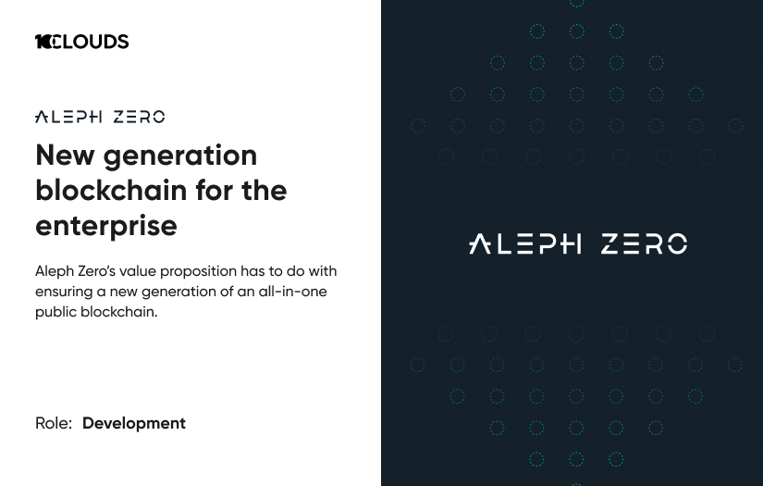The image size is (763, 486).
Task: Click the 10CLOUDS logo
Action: [81, 42]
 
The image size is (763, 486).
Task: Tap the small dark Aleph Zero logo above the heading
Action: [100, 118]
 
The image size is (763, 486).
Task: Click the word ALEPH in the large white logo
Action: [524, 244]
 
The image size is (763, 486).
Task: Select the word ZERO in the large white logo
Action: [644, 244]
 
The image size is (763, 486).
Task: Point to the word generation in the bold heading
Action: [180, 155]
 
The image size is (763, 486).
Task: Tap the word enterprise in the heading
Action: [105, 225]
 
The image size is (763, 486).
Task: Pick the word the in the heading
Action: [264, 190]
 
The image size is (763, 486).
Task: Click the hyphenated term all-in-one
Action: [291, 292]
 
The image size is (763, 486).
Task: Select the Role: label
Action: [54, 423]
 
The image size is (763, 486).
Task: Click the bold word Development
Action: [134, 423]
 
